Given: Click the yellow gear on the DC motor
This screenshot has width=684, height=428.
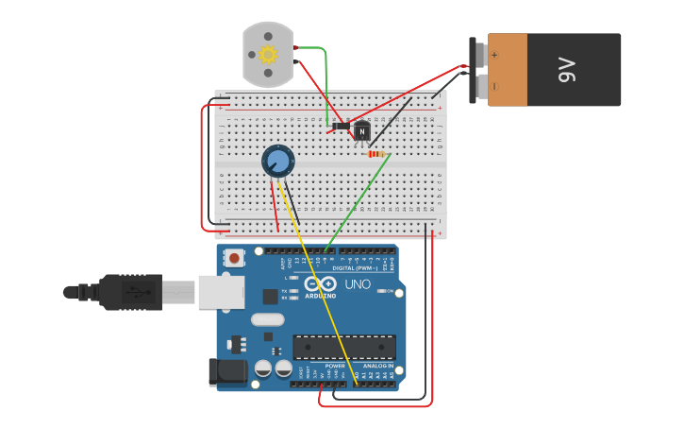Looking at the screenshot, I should tap(268, 55).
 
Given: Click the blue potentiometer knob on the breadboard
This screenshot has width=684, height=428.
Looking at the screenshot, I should tap(278, 161).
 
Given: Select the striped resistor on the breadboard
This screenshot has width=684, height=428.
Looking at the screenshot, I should tap(377, 154).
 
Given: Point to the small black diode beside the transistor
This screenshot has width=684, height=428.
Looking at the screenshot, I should tap(341, 125).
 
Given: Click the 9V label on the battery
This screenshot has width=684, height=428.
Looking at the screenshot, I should tap(567, 70).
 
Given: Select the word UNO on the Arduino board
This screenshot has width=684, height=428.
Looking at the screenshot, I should tap(358, 284).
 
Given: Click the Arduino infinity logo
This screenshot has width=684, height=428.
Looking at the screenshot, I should tap(321, 283).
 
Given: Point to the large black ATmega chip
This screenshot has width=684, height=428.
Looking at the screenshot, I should tap(343, 347).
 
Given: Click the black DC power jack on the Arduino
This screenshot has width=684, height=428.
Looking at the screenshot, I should tap(226, 372).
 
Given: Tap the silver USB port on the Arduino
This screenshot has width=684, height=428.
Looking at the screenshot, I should tap(222, 292).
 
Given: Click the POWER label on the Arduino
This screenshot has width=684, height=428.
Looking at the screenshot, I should tap(335, 366).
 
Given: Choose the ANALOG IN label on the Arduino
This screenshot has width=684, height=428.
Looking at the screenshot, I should tap(378, 366).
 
